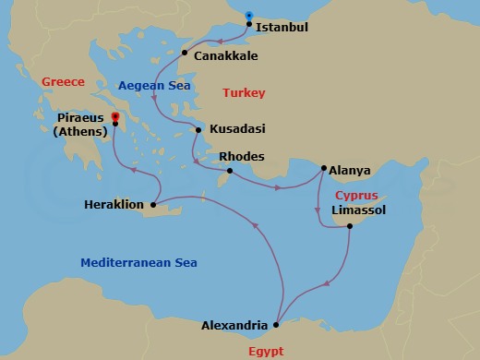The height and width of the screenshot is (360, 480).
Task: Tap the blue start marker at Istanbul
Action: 248,15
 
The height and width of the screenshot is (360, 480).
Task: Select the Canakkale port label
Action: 226,56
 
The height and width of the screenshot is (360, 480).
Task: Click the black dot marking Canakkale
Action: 185,53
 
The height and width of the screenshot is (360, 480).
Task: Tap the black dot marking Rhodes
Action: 229,170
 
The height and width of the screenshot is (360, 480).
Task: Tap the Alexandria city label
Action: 234,326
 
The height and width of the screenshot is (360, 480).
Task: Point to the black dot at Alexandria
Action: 278,324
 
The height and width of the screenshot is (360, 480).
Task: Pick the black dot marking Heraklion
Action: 152,204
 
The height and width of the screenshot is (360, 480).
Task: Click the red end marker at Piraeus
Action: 114,116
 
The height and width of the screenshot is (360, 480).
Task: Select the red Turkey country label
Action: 244,93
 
